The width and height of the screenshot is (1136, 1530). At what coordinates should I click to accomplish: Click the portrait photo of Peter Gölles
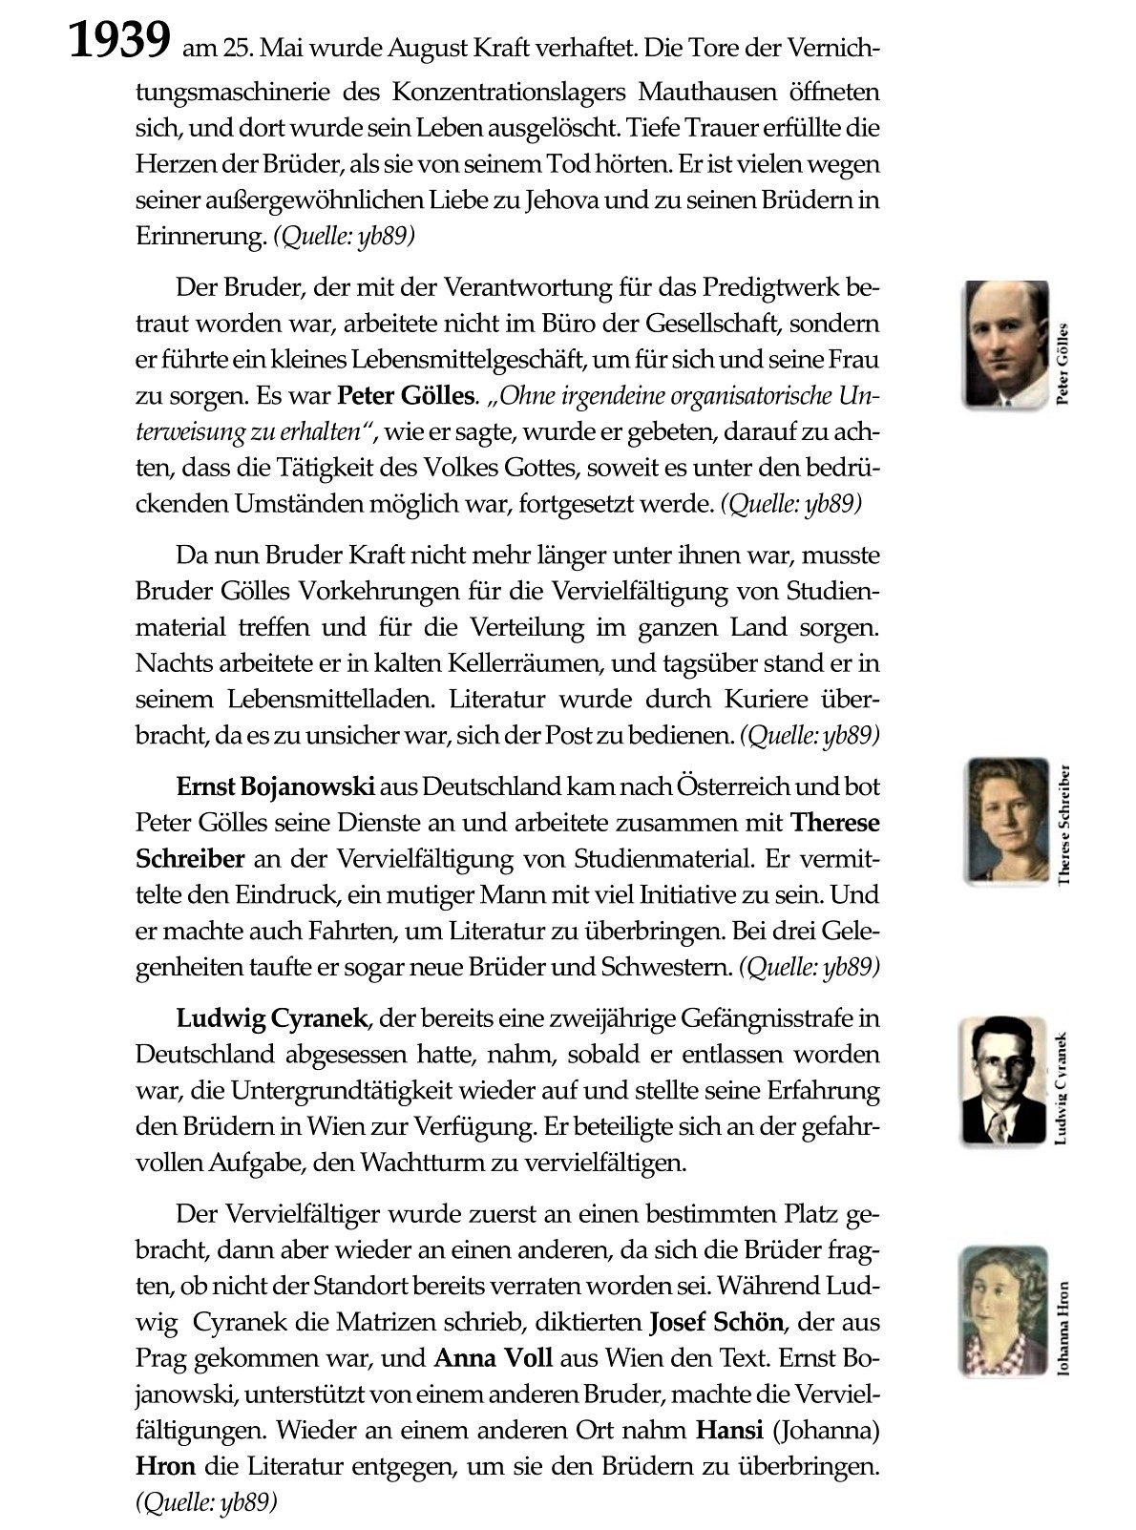(1005, 343)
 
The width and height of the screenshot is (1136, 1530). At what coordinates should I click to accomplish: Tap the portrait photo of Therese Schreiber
(1005, 821)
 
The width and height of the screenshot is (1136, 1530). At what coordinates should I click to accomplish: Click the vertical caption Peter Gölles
(1065, 363)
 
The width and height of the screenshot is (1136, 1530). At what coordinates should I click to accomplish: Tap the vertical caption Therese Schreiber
(1065, 824)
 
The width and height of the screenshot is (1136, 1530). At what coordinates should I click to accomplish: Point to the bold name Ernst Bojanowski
(276, 787)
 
